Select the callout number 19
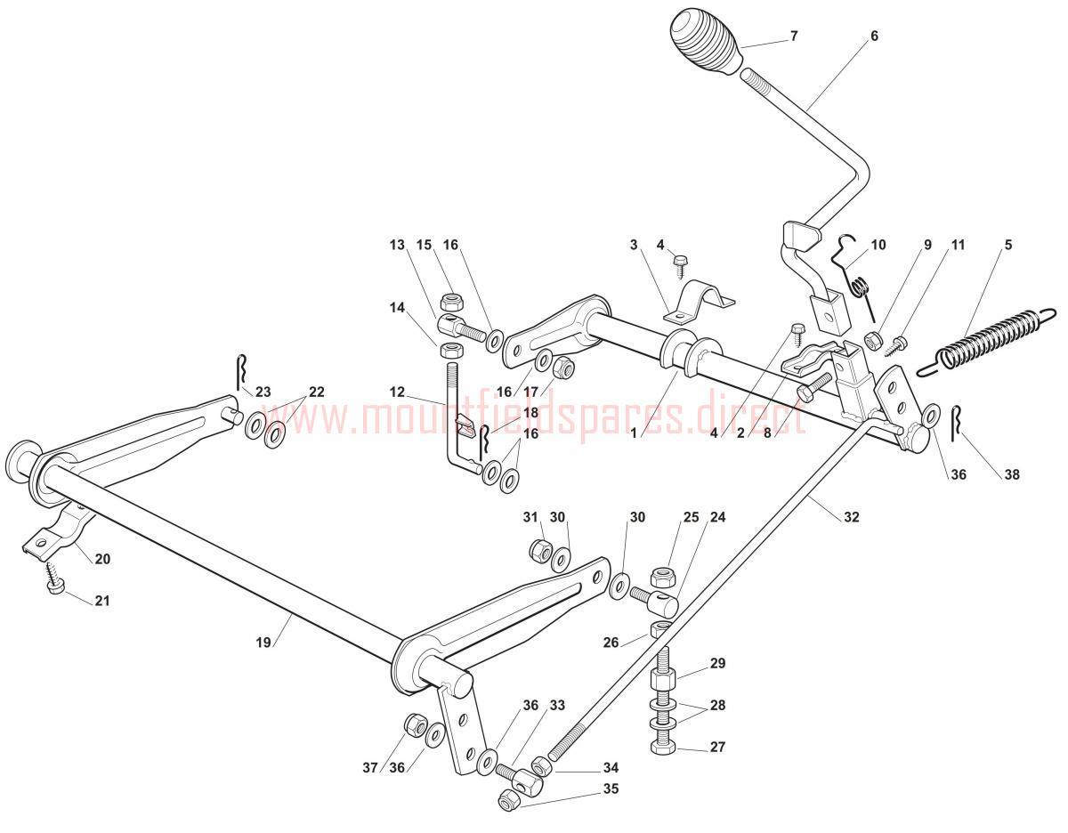263,643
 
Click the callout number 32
851,517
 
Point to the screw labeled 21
55,577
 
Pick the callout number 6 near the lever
874,36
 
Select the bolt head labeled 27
663,747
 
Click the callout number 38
1011,474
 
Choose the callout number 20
102,559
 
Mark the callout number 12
397,392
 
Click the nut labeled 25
661,577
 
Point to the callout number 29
717,663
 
